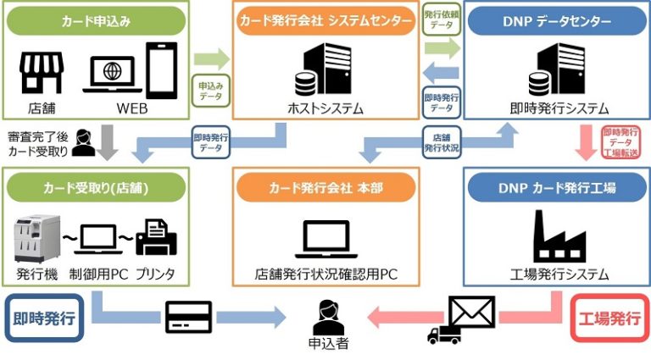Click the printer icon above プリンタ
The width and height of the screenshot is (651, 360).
(156, 237)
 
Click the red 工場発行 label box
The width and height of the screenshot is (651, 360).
(609, 318)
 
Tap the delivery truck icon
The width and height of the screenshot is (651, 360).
(444, 333)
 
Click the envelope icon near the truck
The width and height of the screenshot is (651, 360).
(472, 313)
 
